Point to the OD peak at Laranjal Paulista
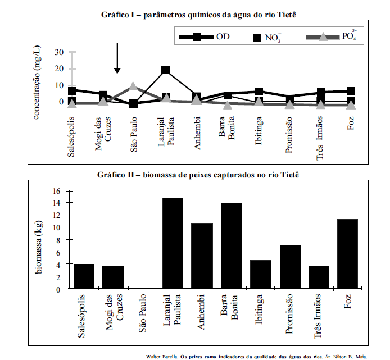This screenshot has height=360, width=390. tap(165, 70)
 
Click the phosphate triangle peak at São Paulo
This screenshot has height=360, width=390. tap(133, 86)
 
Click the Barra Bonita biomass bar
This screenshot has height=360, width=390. tap(231, 245)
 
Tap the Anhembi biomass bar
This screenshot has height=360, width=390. tap(202, 256)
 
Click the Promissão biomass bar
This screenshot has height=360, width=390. tap(291, 267)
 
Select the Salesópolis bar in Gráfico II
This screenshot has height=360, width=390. tap(84, 276)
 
